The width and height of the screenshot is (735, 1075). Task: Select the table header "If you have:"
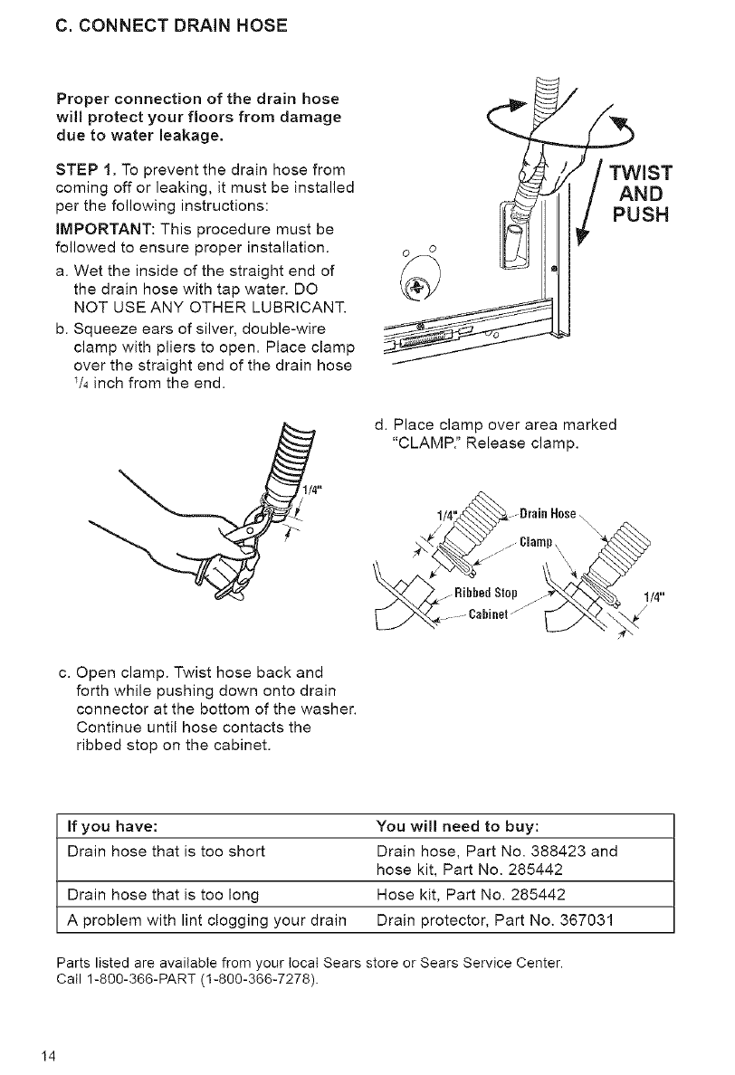(x=115, y=826)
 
